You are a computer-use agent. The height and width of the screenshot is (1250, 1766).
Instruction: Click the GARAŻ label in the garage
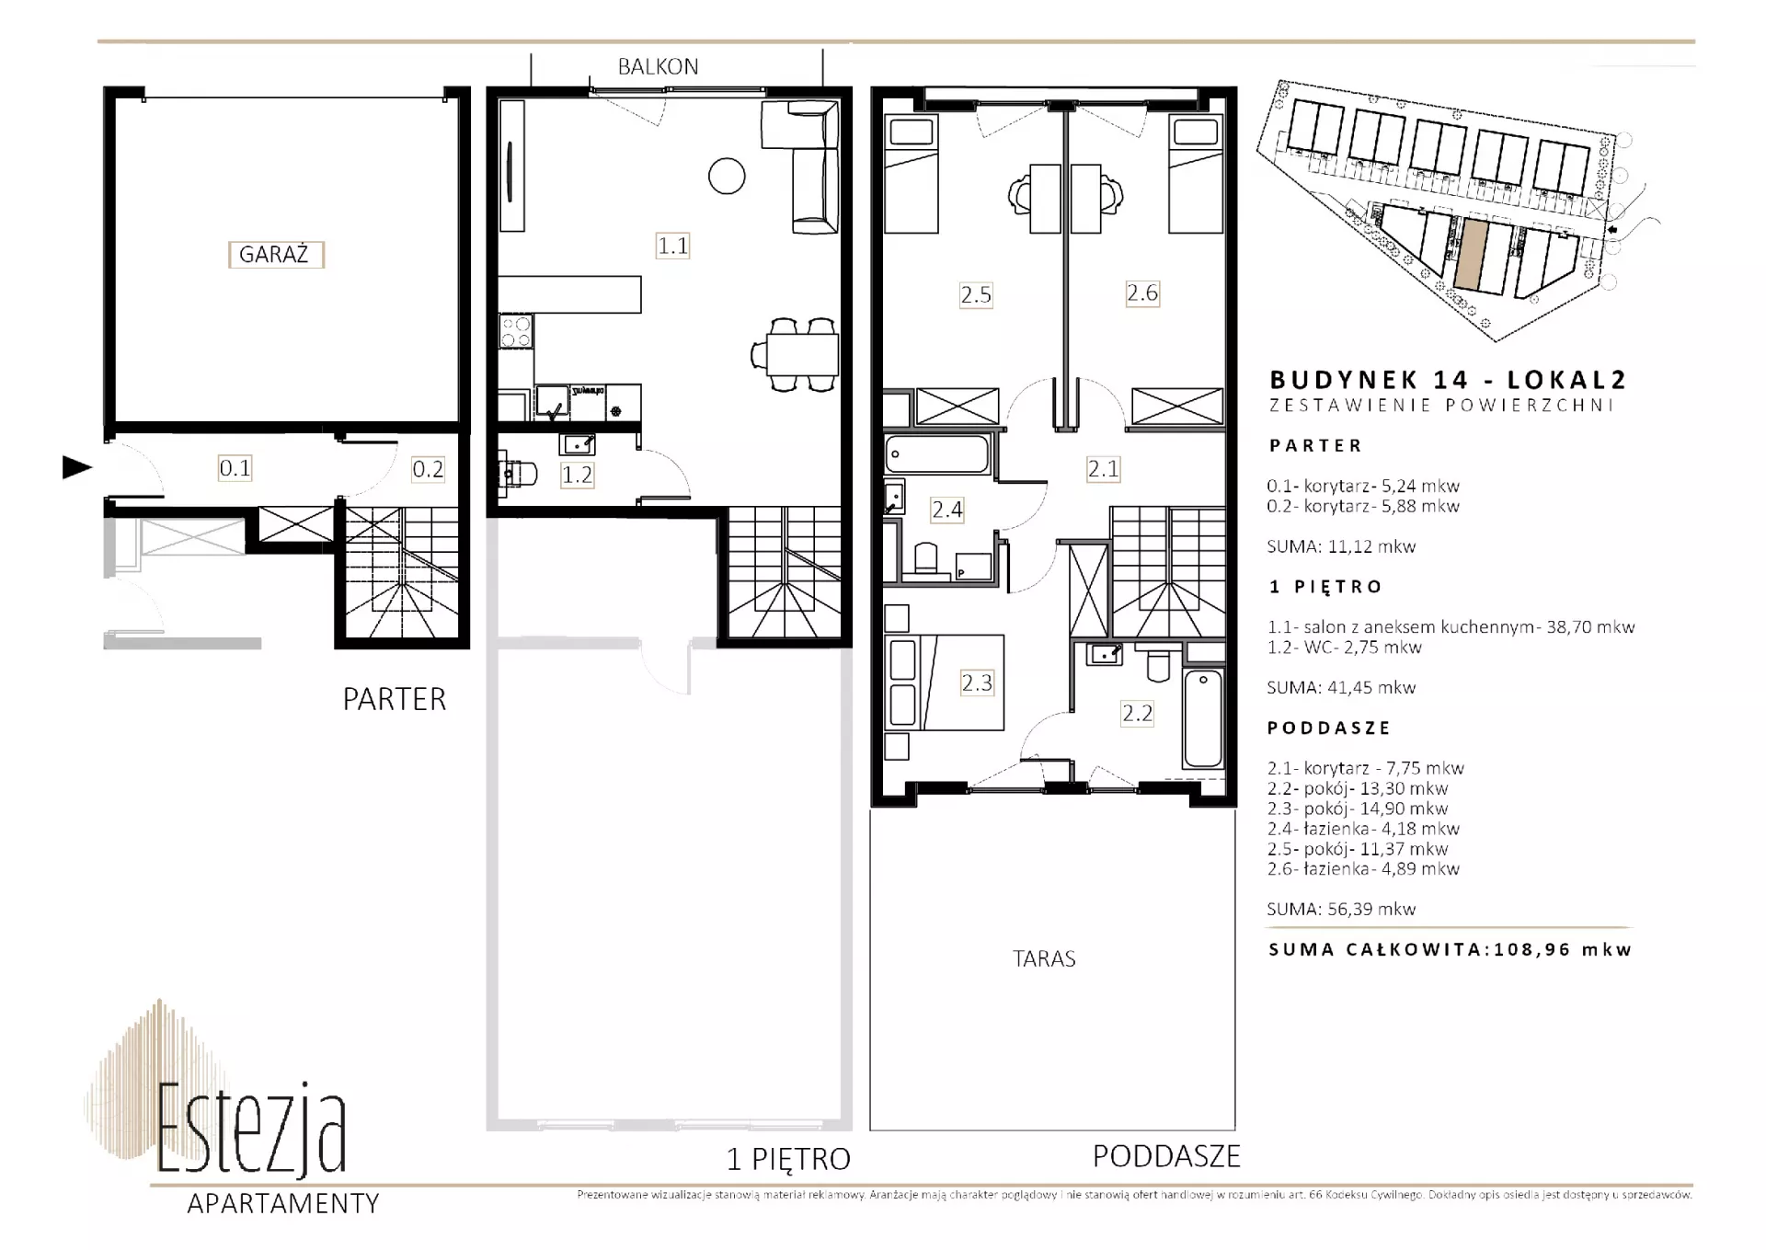pos(275,255)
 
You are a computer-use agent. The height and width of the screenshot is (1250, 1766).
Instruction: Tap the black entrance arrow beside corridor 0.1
pos(77,467)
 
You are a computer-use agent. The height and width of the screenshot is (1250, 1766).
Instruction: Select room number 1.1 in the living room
pos(672,246)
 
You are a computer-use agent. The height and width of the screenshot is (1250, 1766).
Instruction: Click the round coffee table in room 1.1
pos(727,176)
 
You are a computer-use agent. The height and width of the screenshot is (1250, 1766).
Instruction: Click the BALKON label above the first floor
pos(658,67)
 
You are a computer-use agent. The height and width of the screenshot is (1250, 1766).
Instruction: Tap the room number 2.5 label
pos(976,295)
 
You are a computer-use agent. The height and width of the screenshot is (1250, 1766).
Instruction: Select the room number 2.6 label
pos(1142,293)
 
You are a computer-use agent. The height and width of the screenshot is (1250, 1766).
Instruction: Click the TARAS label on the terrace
pos(1044,959)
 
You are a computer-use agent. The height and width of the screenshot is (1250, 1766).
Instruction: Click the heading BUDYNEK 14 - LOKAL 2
pos(1448,379)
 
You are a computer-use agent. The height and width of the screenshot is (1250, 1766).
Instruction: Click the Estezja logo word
pos(251,1129)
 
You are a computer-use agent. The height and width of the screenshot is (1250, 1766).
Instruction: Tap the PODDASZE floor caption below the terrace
pos(1166,1156)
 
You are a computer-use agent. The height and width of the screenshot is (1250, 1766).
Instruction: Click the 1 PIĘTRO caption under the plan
pos(788,1159)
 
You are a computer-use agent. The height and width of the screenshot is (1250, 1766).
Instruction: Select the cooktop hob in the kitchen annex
pos(515,331)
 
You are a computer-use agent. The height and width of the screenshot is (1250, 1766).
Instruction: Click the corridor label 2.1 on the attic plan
pos(1103,469)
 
